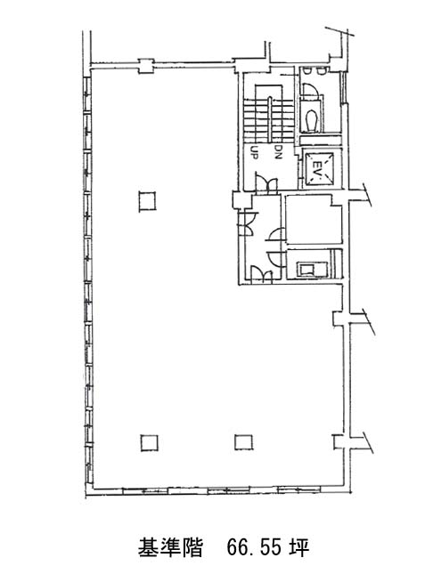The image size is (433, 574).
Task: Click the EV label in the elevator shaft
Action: click(x=315, y=169)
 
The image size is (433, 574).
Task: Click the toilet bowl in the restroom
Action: click(x=311, y=119)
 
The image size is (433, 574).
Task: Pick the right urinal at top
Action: click(x=320, y=70)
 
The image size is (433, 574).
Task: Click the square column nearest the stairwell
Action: click(x=147, y=201)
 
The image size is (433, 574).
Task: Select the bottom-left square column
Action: click(x=149, y=442)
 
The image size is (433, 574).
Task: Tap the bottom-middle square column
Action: click(x=244, y=442)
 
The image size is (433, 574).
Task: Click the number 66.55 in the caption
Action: click(x=255, y=548)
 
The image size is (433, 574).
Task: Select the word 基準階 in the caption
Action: click(x=170, y=548)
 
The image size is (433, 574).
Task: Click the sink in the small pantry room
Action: click(x=306, y=270)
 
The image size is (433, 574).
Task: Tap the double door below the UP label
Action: click(x=266, y=183)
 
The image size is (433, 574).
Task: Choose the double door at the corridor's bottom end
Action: click(x=261, y=275)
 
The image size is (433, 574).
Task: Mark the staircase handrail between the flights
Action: click(x=270, y=118)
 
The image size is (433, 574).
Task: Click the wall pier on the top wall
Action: click(x=146, y=66)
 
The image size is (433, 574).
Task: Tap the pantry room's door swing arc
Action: click(x=274, y=259)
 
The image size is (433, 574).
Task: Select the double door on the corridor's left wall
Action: click(x=247, y=223)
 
